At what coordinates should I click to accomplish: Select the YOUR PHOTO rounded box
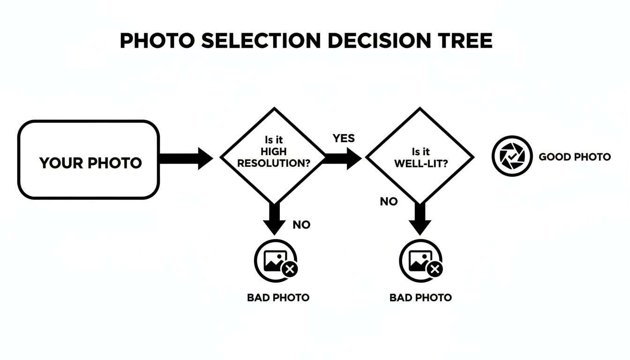(89, 159)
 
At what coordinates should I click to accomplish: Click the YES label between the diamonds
(344, 138)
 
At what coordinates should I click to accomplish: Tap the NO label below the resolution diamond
(301, 225)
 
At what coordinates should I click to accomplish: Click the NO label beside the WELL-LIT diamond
(389, 202)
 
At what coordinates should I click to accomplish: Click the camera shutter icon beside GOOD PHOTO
(512, 157)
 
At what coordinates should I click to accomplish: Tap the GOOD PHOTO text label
(575, 157)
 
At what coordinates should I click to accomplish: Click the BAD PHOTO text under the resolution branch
(278, 298)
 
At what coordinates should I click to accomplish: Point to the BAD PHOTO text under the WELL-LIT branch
(420, 297)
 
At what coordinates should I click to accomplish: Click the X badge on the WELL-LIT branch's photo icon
(435, 269)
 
